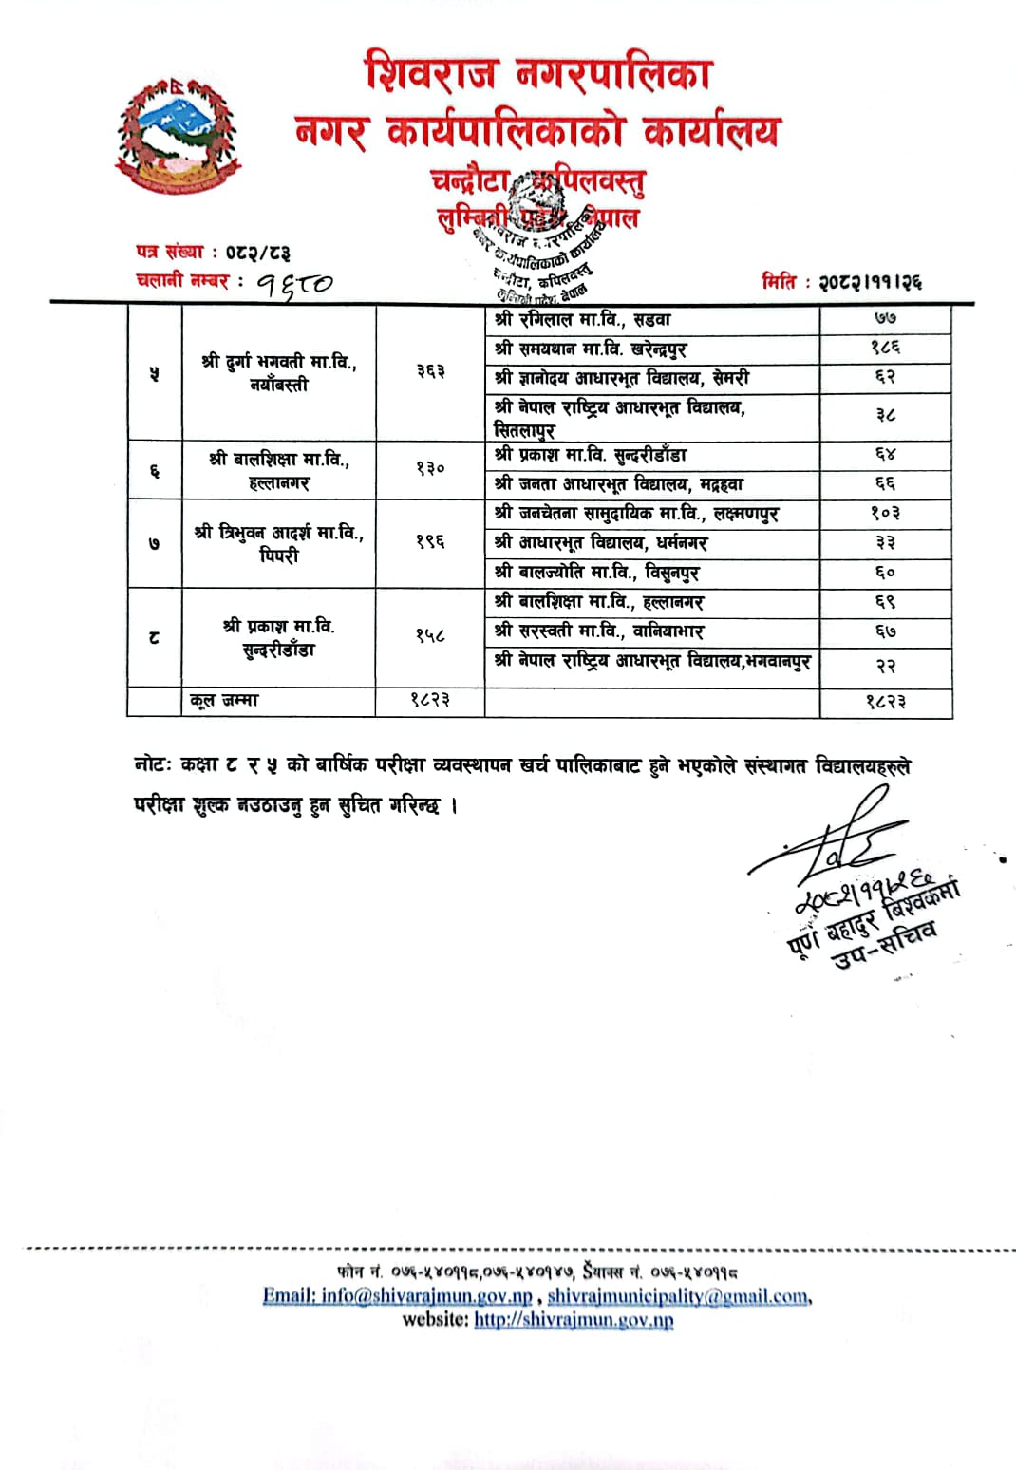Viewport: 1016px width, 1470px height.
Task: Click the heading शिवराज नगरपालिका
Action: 538,73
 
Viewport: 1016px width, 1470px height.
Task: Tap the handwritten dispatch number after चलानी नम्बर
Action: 294,282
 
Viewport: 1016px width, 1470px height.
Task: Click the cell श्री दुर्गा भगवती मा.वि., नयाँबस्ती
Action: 279,373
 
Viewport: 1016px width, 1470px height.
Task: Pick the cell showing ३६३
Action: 430,372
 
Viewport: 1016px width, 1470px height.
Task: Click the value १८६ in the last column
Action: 886,349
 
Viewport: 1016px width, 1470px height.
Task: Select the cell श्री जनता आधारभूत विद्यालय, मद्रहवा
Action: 619,484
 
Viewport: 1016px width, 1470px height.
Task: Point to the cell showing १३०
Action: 430,469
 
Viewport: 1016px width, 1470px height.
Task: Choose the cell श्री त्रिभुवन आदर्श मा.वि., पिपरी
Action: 279,544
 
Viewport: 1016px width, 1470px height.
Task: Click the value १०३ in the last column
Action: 886,514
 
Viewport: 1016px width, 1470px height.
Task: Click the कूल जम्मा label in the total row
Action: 224,701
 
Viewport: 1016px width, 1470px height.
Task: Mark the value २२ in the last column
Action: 886,667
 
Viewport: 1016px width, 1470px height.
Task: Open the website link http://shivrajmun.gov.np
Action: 574,1319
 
